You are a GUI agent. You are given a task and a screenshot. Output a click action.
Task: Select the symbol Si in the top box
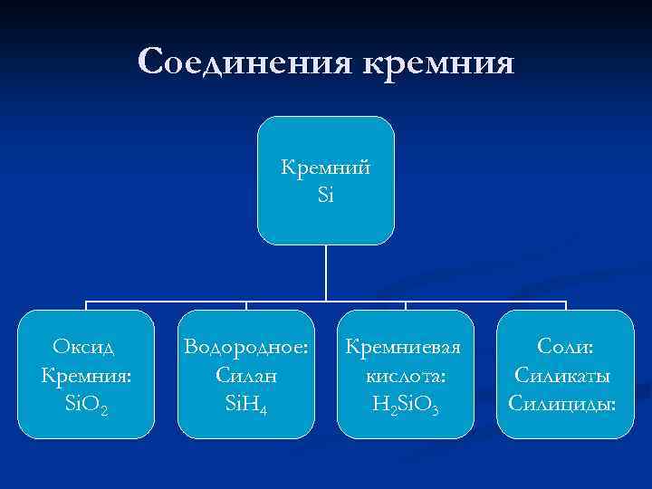326,194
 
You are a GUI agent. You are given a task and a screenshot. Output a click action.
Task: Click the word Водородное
245,347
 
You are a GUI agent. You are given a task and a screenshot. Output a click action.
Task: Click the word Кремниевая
406,347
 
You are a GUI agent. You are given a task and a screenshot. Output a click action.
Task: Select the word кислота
407,373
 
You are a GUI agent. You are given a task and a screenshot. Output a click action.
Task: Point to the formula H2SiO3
407,401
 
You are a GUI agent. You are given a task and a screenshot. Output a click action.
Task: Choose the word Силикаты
563,373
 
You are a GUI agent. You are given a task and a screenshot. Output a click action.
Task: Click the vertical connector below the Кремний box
326,272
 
